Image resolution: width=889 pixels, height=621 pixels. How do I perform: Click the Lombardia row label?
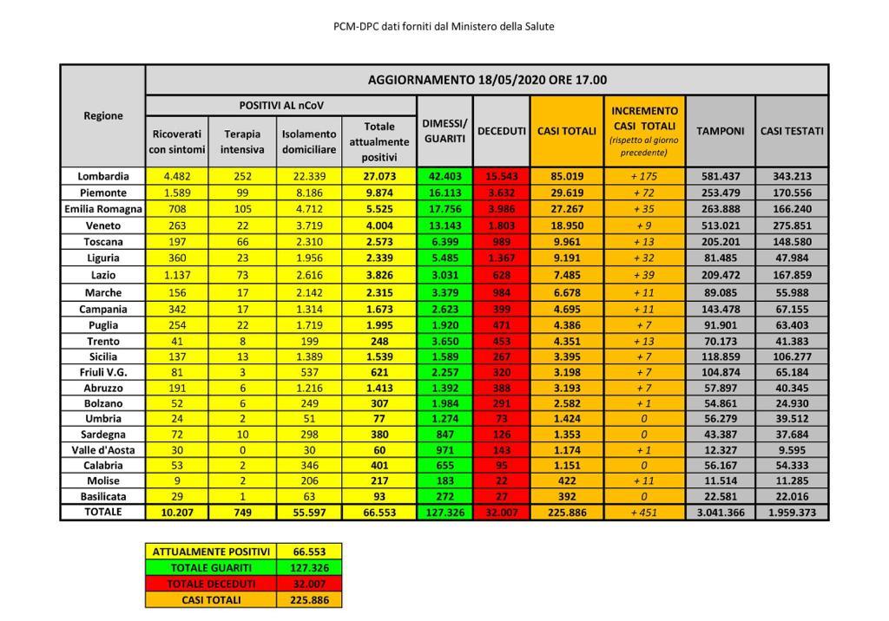tap(102, 176)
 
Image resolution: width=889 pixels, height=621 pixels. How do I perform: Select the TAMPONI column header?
tap(721, 131)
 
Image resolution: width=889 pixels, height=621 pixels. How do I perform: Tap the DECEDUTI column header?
tap(502, 131)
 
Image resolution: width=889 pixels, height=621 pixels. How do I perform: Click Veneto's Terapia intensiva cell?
tap(243, 225)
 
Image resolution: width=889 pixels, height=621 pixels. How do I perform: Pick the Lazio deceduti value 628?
tap(502, 273)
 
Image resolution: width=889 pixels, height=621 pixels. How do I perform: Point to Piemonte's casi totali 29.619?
tap(566, 193)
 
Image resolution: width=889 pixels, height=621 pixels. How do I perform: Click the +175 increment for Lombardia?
tap(643, 176)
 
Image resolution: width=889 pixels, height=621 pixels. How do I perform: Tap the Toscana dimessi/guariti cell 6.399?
tap(444, 241)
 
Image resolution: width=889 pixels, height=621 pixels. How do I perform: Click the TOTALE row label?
tap(102, 512)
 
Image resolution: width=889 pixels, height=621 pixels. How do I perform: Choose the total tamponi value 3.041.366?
tap(721, 512)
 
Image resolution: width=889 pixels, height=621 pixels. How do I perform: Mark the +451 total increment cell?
tap(643, 512)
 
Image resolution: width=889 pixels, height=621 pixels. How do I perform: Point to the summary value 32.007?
tap(309, 584)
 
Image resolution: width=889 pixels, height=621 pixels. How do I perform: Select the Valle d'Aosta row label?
tap(102, 450)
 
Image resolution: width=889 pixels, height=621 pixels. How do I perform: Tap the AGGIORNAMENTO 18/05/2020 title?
tap(487, 80)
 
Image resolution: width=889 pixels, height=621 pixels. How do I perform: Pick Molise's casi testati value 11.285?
tap(792, 480)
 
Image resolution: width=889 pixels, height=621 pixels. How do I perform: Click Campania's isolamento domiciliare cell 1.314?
tap(309, 309)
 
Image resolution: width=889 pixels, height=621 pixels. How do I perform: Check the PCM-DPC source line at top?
tap(444, 26)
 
